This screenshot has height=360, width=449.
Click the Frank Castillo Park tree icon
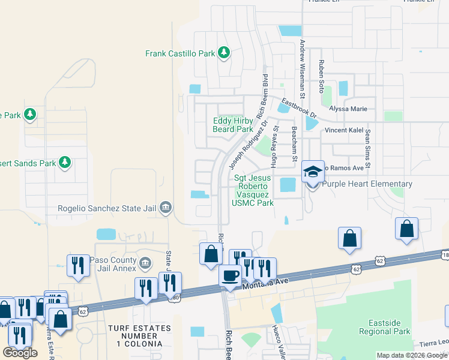coord(224,53)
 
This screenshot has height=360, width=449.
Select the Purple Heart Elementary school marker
coord(313,172)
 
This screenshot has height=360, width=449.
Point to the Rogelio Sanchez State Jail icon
coord(166,208)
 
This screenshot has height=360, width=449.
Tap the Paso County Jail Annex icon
coord(144,263)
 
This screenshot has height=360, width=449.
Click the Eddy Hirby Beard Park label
coord(233,125)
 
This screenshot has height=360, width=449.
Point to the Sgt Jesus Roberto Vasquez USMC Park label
coord(253,190)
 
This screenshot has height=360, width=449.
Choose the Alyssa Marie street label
coord(348,109)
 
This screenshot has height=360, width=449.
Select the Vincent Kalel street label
coord(345,130)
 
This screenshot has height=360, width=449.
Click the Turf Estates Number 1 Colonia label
coord(136,336)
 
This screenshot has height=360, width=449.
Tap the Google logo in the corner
coord(20,353)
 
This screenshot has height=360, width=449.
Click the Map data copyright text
coord(412,355)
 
